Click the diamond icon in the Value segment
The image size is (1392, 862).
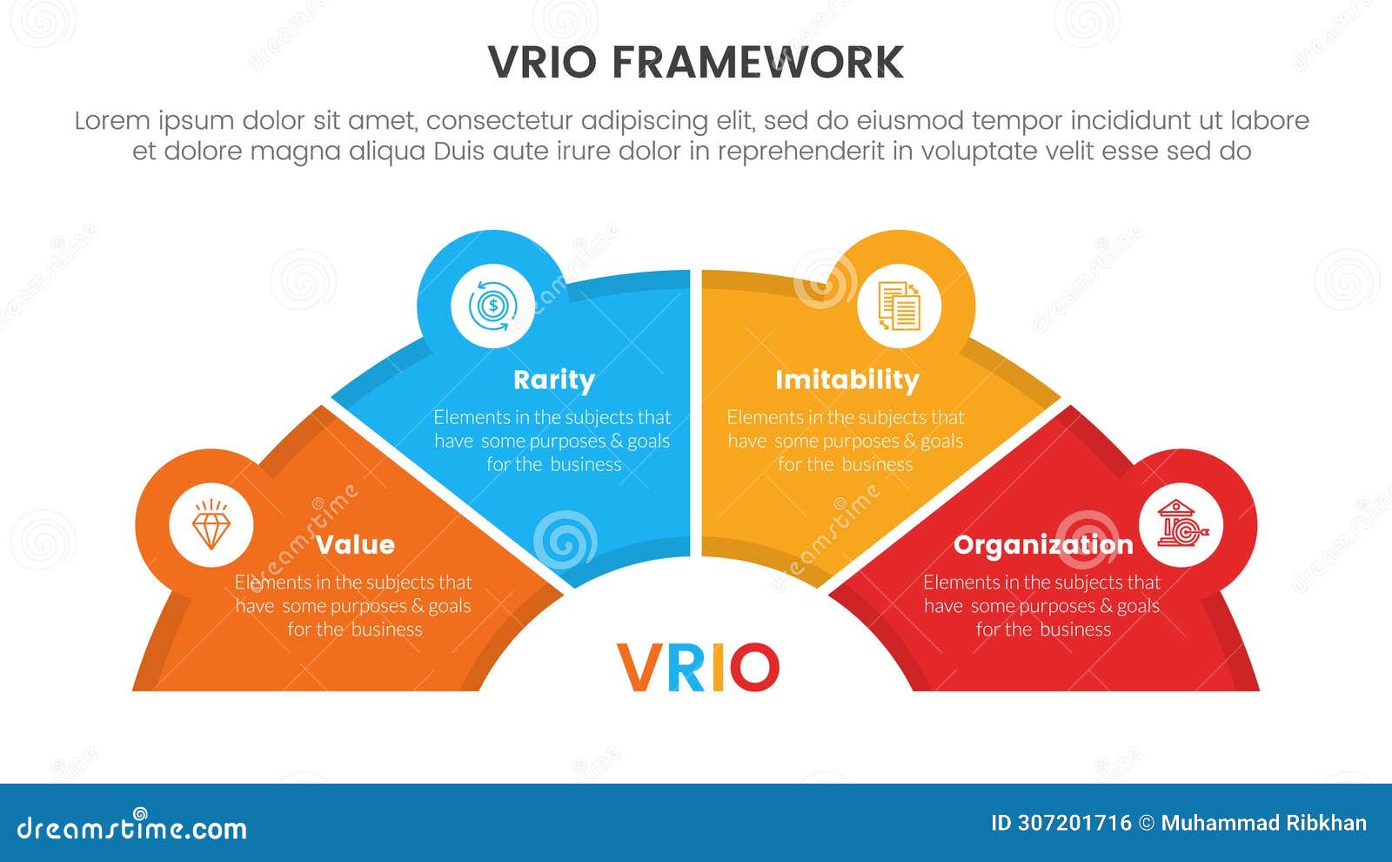pos(211,525)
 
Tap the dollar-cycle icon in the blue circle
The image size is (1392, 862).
pos(493,306)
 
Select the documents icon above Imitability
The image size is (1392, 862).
pos(899,306)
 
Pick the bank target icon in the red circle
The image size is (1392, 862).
pos(1181,525)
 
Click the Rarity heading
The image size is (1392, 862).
pos(553,380)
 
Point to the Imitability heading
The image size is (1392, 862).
pos(847,380)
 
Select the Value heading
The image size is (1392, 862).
pos(355,545)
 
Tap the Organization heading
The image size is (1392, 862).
pos(1043,545)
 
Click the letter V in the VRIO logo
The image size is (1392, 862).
pos(637,668)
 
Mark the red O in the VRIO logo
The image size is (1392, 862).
pos(753,668)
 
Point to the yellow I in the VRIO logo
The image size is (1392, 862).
pos(719,668)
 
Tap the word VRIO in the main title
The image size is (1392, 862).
pos(542,63)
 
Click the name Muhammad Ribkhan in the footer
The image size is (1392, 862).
pos(1263,824)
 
